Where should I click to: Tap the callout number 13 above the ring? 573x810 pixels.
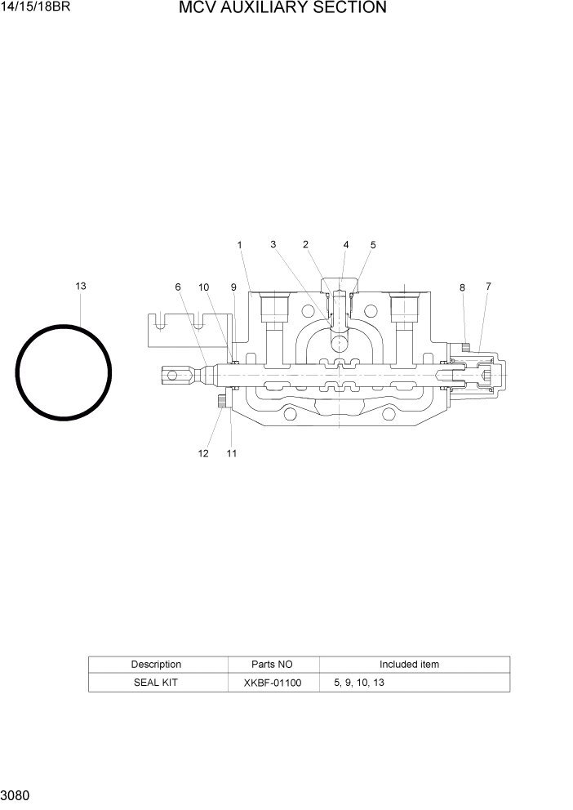click(81, 286)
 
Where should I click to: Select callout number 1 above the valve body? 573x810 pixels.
click(240, 245)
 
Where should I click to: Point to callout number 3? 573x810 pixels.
click(273, 244)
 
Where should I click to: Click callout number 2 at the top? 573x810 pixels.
click(305, 244)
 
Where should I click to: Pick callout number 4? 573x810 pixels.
click(345, 245)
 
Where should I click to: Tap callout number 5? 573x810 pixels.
click(373, 245)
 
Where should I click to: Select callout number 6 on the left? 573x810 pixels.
click(177, 287)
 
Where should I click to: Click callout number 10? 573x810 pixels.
click(204, 287)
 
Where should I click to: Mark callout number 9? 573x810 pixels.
click(233, 287)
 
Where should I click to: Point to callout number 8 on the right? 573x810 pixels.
click(462, 287)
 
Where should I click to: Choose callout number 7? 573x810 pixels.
click(488, 286)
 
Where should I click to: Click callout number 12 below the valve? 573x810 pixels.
click(203, 454)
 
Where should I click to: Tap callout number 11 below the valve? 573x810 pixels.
click(232, 454)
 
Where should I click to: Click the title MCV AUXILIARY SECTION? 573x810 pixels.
click(282, 8)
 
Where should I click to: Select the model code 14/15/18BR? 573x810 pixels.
click(35, 8)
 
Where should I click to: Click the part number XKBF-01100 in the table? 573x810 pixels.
click(273, 683)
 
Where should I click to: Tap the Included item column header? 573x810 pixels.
click(409, 665)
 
